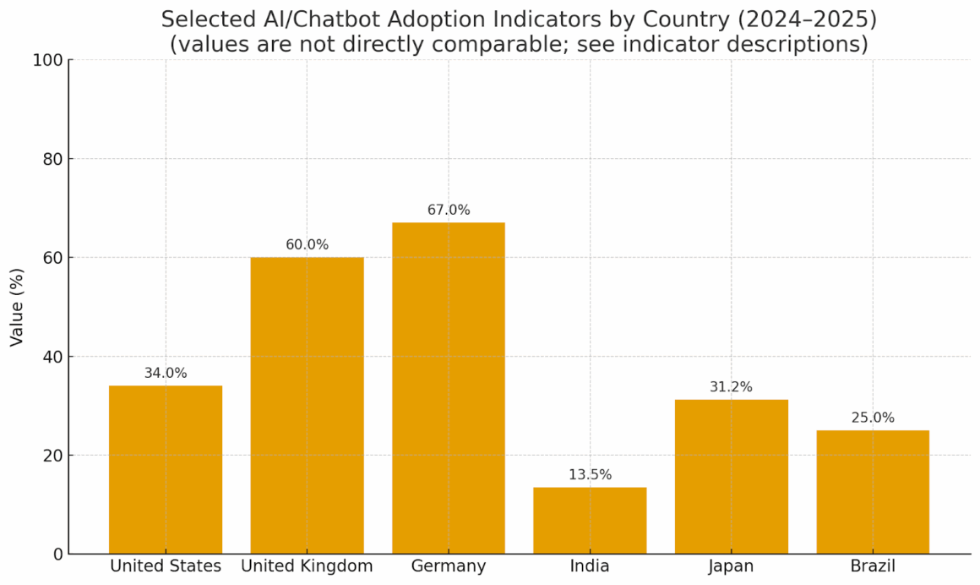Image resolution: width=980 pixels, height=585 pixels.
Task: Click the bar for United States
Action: point(166,469)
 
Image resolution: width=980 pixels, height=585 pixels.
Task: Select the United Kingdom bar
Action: point(307,406)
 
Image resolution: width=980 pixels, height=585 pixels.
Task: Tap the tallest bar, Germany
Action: point(449,388)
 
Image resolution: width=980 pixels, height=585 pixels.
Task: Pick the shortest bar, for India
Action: point(590,520)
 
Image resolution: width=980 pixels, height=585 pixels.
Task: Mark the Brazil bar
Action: point(873,492)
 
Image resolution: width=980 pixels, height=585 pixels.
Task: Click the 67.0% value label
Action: point(449,210)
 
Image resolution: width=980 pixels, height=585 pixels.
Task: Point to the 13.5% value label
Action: point(590,474)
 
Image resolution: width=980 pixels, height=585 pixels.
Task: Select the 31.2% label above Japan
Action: point(732,386)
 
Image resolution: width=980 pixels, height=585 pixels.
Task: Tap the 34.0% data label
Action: point(166,373)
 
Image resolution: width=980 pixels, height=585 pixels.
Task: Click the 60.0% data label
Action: point(307,244)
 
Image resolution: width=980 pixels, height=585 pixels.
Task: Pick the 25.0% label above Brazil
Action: point(873,418)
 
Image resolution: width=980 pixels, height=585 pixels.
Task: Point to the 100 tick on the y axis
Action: point(48,60)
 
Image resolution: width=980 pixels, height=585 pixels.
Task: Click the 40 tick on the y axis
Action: point(53,357)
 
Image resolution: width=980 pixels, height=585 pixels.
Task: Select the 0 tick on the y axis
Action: point(58,554)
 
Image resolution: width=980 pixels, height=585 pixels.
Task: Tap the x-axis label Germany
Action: point(449,566)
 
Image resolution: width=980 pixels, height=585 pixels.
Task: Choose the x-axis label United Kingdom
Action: point(307,566)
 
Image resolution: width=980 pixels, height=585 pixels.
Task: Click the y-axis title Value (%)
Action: point(17,307)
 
